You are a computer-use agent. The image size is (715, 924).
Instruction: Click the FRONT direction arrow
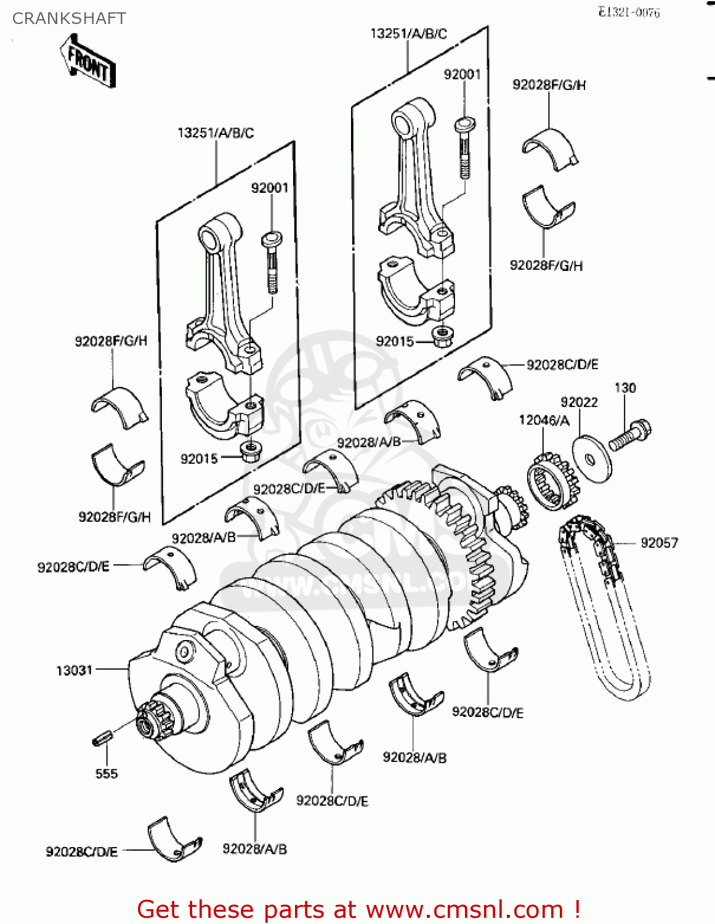click(88, 60)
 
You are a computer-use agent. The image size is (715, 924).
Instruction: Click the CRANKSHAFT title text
click(69, 18)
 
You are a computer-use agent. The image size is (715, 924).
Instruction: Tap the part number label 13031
click(74, 670)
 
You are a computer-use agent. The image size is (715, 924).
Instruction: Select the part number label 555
click(106, 774)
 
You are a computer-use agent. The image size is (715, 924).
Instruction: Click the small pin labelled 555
click(102, 737)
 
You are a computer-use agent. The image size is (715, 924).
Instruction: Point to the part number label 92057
click(659, 543)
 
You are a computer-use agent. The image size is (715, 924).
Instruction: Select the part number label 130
click(625, 387)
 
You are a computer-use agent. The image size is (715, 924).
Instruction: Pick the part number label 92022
click(579, 402)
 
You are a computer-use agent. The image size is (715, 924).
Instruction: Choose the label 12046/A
click(544, 420)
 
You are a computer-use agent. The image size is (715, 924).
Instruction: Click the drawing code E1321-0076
click(629, 12)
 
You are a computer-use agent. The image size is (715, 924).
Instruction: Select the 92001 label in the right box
click(462, 75)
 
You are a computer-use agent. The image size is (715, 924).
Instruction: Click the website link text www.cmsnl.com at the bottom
click(465, 910)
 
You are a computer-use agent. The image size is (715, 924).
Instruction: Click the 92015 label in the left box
click(199, 459)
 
